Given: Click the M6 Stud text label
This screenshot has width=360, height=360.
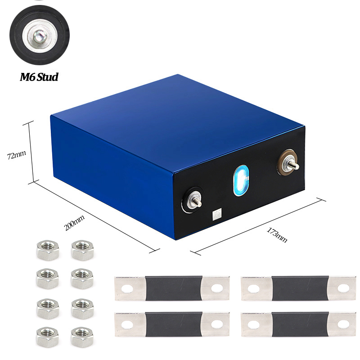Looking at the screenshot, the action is point(39,77).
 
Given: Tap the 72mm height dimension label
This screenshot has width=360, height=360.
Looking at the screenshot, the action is point(16,155).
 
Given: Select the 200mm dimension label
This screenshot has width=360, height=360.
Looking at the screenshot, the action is point(74,222).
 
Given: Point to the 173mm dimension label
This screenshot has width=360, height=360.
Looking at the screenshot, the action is point(277,235).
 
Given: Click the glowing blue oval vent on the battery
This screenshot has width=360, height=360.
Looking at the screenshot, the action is point(241,180).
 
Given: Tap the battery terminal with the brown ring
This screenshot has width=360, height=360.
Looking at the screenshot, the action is point(288,162).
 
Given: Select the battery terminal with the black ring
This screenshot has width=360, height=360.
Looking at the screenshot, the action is point(193,200).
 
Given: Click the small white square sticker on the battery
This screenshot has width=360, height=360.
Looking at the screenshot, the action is point(217,214).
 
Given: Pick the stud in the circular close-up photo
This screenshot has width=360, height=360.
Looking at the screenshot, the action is point(40,37).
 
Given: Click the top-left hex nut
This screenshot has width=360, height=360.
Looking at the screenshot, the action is point(48,250).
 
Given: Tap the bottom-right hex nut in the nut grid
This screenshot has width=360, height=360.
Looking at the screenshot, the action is point(82,337).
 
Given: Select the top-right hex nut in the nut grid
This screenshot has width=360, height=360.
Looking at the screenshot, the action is point(82,250).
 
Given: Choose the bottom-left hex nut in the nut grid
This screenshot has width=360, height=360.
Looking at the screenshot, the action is point(47,337).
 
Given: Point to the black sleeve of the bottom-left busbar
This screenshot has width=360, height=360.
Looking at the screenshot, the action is point(174,324).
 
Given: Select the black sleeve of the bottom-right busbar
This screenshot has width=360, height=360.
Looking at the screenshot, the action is point(300,324).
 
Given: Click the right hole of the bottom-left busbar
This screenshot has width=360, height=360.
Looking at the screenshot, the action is point(217,324).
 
